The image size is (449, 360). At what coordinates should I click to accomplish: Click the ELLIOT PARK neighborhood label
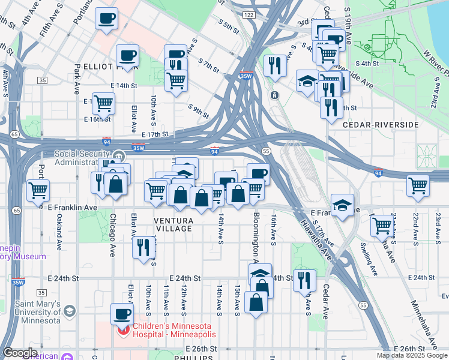tap(108, 67)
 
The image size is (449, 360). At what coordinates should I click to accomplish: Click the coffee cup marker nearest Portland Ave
tap(107, 19)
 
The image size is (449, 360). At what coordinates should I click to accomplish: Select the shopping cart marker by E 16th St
tap(104, 103)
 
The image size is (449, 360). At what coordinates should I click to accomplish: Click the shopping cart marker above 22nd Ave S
tap(418, 185)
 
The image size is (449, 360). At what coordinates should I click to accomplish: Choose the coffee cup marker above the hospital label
tap(122, 313)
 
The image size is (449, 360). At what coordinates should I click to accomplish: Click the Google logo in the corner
tap(19, 353)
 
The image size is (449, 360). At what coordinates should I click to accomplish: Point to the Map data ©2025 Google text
tap(411, 355)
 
